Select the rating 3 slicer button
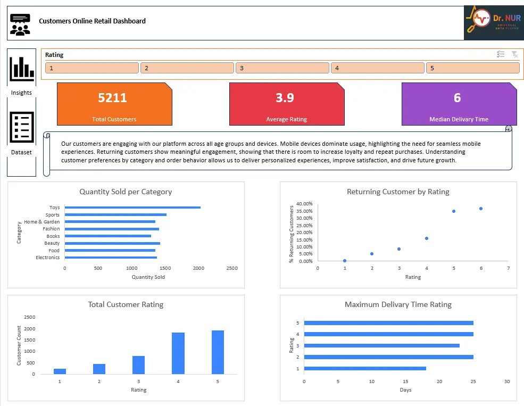pos(282,68)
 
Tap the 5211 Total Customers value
pos(112,98)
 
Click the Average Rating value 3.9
pos(285,98)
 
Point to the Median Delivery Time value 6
pos(457,98)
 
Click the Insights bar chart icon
pos(21,67)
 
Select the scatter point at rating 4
pos(427,238)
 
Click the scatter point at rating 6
pos(481,209)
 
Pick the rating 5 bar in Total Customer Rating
pos(218,352)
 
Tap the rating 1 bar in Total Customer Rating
pos(60,371)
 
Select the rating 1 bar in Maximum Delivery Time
pos(365,368)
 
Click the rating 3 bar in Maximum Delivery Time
pos(381,345)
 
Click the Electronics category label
pos(48,258)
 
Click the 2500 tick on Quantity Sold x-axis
pos(231,268)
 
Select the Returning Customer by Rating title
pos(398,192)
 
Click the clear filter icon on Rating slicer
pos(514,54)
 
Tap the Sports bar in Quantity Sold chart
pos(115,215)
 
